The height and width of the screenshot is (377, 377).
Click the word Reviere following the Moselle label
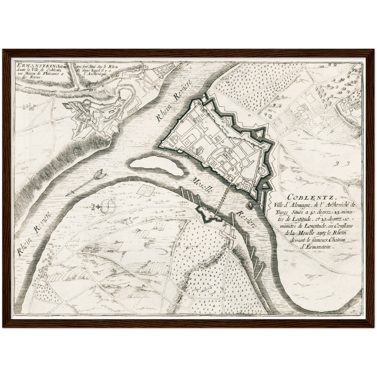pyautogui.click(x=246, y=219)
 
